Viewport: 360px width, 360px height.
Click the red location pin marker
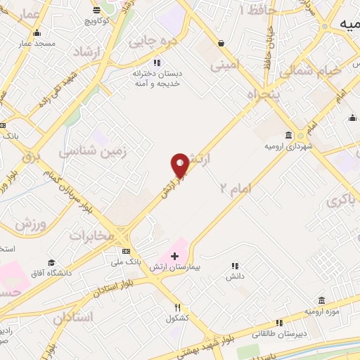click(x=180, y=165)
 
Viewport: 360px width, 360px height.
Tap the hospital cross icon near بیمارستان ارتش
click(x=175, y=256)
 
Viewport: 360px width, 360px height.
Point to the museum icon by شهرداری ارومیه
click(x=289, y=135)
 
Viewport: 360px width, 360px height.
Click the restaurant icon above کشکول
click(x=178, y=307)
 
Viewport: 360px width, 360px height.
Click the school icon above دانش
click(x=235, y=266)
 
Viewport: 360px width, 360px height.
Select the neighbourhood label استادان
click(x=73, y=316)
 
